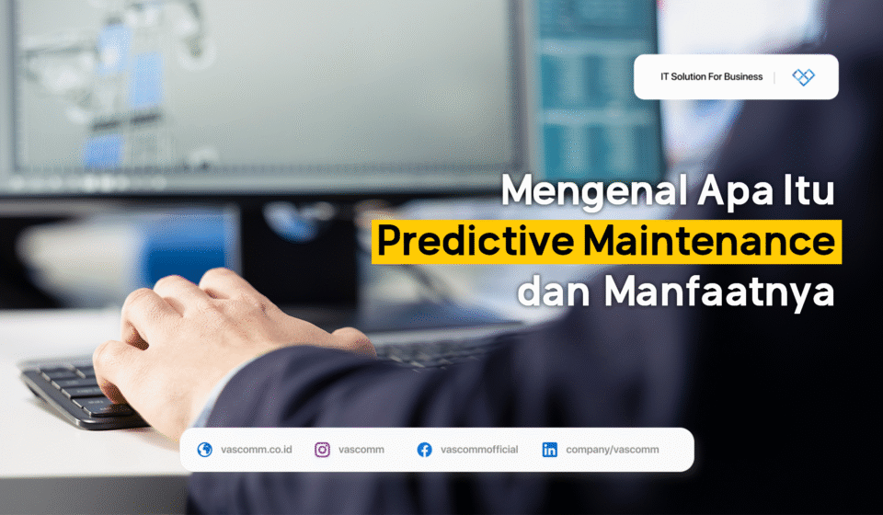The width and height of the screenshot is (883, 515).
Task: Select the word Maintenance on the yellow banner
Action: tap(708, 242)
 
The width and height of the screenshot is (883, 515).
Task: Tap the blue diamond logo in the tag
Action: tap(803, 77)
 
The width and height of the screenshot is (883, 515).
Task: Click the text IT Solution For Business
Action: tap(711, 77)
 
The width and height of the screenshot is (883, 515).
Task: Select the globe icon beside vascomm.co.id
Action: tap(204, 450)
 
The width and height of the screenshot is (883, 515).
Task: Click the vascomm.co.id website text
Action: tap(257, 450)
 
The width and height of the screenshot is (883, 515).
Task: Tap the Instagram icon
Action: tap(323, 450)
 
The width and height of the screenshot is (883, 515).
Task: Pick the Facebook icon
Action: tap(424, 450)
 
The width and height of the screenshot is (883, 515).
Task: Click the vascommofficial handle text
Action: tap(479, 450)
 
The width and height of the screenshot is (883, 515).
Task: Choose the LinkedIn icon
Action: tap(549, 450)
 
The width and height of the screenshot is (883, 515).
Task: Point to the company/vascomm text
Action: tap(614, 450)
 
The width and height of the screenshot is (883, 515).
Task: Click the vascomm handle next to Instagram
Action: tap(361, 450)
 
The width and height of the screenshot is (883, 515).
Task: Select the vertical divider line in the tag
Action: tap(774, 77)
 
